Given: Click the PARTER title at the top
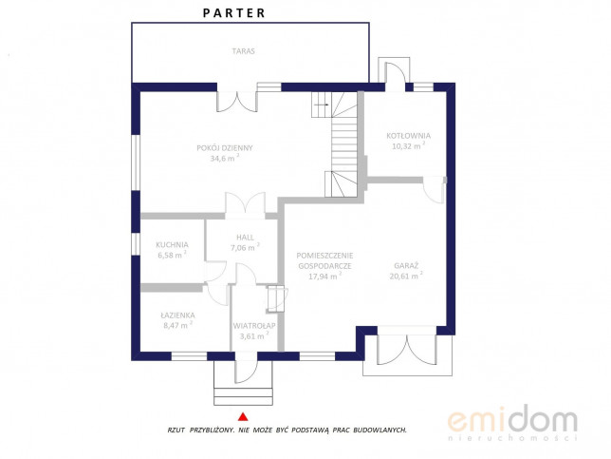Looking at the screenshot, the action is pos(233,13).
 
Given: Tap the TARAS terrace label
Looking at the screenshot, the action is pos(244,51).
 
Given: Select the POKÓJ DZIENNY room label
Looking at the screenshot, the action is pos(225,148).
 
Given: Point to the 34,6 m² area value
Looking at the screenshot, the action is pos(225,158).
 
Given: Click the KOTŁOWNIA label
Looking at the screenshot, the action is pos(408,136).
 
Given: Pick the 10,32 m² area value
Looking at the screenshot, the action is pos(408,146).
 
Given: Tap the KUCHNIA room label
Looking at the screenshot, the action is pos(173,245).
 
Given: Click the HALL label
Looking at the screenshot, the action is pos(245,238).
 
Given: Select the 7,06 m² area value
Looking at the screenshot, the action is pos(245,247).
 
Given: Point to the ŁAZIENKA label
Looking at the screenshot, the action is pos(177,315).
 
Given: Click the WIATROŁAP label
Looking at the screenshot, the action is pos(254,326).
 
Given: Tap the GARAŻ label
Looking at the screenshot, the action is pos(406,266).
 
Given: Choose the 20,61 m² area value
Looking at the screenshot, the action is pos(406,276).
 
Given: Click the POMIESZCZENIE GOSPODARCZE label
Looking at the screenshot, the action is pos(325,260).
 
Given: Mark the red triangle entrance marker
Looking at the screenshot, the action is pos(243,417).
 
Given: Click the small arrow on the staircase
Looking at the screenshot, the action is pos(322,105).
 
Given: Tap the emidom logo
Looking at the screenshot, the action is pos(512,423).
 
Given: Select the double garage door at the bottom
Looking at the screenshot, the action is pos(406,350).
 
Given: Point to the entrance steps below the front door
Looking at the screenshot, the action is pos(243,396).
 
